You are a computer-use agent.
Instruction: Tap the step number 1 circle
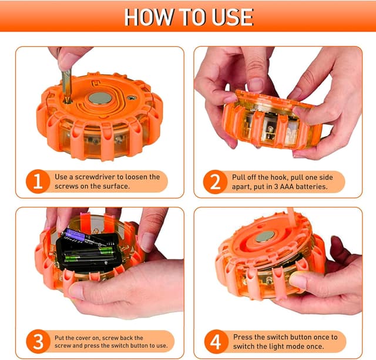pyautogui.click(x=38, y=181)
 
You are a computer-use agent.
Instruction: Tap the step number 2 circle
pyautogui.click(x=215, y=181)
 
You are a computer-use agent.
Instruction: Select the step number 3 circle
pyautogui.click(x=38, y=341)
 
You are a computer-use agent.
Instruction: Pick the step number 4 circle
pyautogui.click(x=216, y=342)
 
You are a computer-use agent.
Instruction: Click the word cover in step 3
pyautogui.click(x=83, y=338)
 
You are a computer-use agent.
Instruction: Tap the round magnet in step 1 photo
pyautogui.click(x=100, y=98)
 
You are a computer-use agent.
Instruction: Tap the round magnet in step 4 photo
pyautogui.click(x=265, y=237)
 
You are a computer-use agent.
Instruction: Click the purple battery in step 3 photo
pyautogui.click(x=76, y=234)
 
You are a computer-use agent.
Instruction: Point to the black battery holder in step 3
pyautogui.click(x=89, y=252)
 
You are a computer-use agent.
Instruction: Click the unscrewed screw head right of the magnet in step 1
pyautogui.click(x=132, y=97)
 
